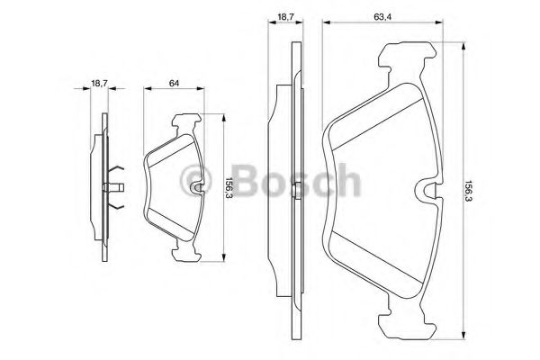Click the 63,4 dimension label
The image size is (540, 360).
tap(382, 16)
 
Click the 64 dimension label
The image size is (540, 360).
tap(175, 83)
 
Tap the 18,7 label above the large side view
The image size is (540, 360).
tap(285, 16)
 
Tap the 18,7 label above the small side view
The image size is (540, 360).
tap(100, 83)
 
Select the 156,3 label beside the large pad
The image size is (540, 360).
tap(468, 191)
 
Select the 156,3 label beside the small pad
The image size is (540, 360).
tap(229, 188)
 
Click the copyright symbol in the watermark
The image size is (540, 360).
tap(193, 181)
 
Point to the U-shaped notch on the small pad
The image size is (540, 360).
tap(197, 188)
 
